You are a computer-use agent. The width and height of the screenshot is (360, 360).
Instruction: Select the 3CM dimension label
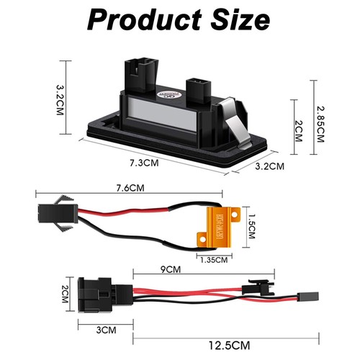click(107, 330)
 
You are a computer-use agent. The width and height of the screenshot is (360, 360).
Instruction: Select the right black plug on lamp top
click(197, 89)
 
